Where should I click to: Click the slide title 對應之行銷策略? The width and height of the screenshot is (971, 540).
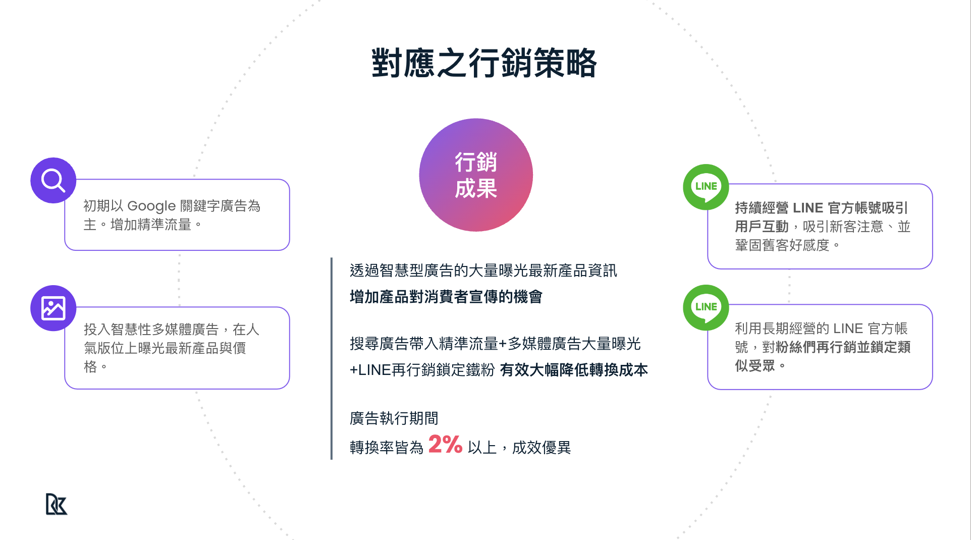[x=484, y=64]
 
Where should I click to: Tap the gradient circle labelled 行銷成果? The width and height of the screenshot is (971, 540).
[x=476, y=175]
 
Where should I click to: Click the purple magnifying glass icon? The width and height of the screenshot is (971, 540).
[x=53, y=180]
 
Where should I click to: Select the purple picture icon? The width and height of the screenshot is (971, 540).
[x=53, y=308]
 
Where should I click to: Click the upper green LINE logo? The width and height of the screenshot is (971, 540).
[x=706, y=186]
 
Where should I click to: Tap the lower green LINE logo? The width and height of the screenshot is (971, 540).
[x=706, y=307]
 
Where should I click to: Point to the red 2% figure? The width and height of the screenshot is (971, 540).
[x=445, y=445]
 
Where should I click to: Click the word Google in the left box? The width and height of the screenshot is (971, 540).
[x=151, y=206]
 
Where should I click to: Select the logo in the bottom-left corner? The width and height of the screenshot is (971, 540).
[x=57, y=504]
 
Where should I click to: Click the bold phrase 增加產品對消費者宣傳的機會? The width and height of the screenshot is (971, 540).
[x=446, y=297]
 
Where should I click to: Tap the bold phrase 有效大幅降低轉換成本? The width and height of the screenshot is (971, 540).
[x=574, y=370]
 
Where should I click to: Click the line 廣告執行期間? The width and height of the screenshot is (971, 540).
[x=394, y=418]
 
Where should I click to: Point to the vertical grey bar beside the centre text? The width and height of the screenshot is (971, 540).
[x=332, y=358]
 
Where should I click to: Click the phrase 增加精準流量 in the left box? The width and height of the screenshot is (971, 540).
[x=150, y=225]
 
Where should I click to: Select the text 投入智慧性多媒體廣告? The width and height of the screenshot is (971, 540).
[x=151, y=330]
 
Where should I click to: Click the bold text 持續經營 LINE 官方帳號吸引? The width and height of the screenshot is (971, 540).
[x=821, y=208]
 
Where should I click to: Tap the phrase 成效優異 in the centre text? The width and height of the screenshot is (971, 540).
[x=541, y=448]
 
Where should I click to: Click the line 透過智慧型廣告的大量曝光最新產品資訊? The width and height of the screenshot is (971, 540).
[x=483, y=271]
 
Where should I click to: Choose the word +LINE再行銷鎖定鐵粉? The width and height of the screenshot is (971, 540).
[x=422, y=370]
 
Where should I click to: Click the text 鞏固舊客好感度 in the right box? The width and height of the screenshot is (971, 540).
[x=782, y=245]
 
